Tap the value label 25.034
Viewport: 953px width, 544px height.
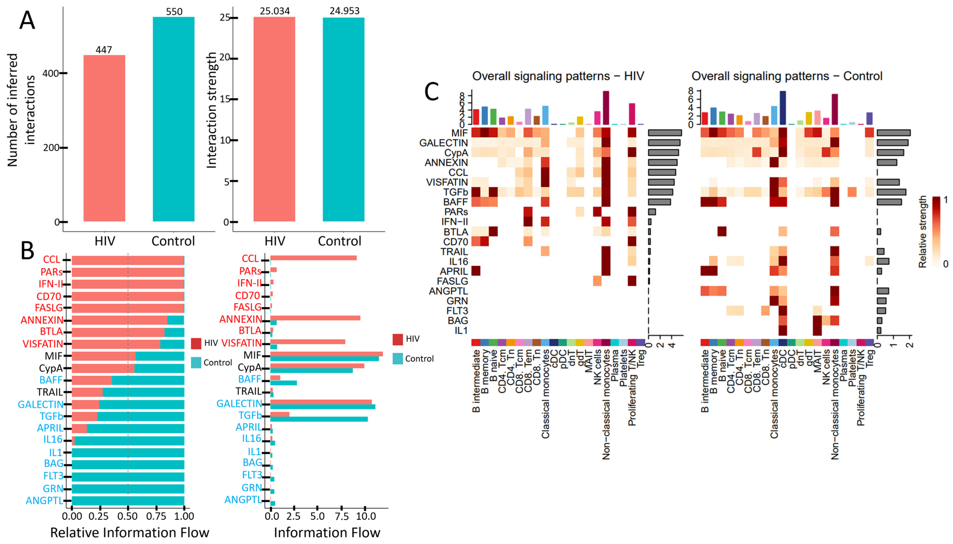[x=275, y=11]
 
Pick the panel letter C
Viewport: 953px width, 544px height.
[x=432, y=92]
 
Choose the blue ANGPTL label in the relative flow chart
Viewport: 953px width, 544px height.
[x=44, y=500]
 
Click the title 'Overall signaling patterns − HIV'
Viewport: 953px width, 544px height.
[x=558, y=76]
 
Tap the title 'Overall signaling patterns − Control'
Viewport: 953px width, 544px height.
[x=787, y=76]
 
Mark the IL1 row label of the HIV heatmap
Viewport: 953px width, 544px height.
[x=461, y=331]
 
